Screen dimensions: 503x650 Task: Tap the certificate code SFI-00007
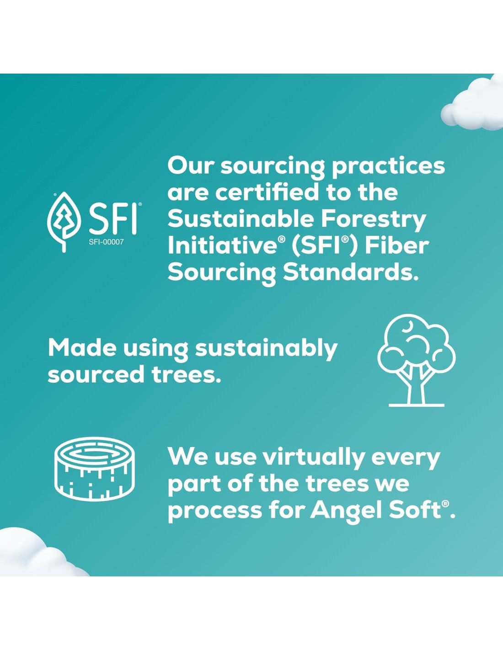pyautogui.click(x=106, y=242)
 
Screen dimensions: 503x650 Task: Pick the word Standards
pyautogui.click(x=350, y=273)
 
